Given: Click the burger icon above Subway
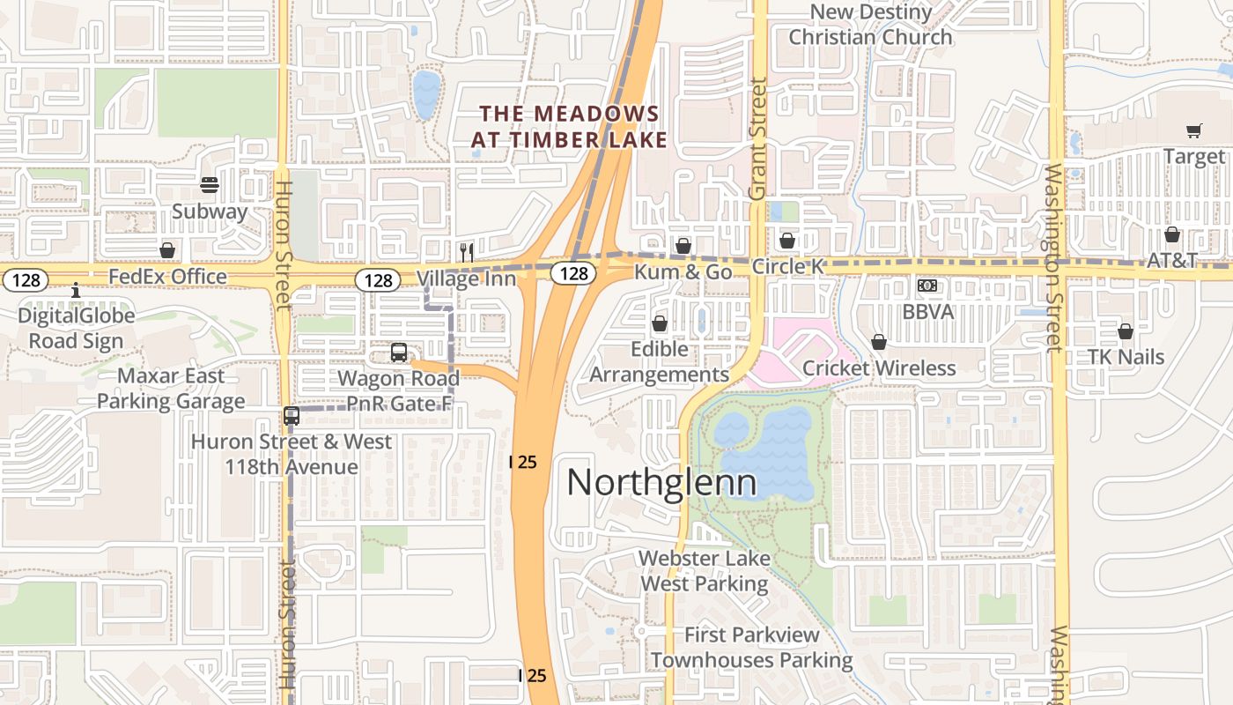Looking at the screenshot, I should tap(210, 185).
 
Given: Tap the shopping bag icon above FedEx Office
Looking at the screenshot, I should tap(167, 250).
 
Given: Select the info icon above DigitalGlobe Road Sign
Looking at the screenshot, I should tap(76, 290).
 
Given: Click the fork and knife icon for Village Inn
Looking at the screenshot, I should tap(467, 252).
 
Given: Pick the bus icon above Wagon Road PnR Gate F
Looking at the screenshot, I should tap(399, 352).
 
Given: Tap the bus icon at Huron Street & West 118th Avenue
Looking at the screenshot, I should tap(292, 416).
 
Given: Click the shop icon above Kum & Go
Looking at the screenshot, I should tap(683, 245).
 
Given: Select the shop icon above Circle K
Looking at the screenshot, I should tap(787, 240).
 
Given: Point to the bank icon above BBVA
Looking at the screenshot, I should tap(927, 286).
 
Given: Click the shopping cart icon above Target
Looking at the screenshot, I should tap(1194, 131).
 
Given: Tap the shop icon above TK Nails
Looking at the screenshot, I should tap(1126, 331).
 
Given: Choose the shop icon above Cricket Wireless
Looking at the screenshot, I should tap(879, 342).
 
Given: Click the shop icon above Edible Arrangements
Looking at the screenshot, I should tap(659, 323).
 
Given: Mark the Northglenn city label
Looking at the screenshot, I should tap(661, 483).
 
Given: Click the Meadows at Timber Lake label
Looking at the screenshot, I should tap(569, 127).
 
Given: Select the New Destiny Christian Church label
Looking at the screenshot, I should tap(870, 25).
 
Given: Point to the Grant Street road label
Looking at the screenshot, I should tap(757, 138).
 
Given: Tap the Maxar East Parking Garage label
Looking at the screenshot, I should tap(171, 389).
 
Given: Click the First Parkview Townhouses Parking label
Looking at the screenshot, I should tap(752, 647).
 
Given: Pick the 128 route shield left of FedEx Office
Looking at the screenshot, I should tap(25, 280).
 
